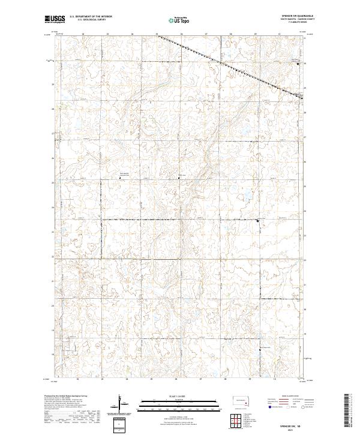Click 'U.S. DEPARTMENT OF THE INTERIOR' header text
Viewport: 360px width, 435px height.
(88, 17)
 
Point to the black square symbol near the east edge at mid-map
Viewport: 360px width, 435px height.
(258, 221)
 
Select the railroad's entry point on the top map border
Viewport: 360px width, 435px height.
(158, 34)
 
